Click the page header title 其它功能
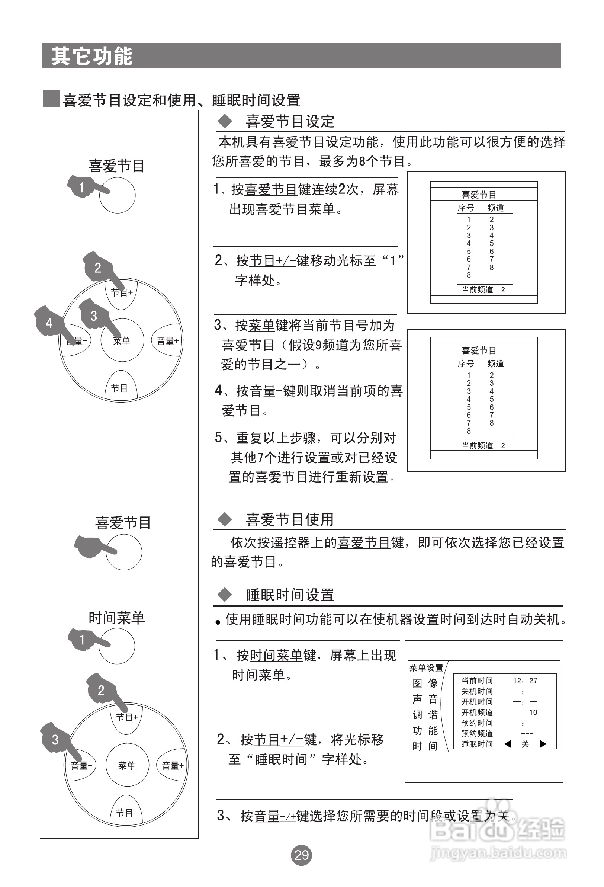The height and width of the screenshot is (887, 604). coord(92,56)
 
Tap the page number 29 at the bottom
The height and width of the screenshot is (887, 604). coord(301,855)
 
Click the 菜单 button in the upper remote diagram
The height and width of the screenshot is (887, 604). coord(122,340)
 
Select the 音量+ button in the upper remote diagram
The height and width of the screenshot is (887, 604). coord(167,340)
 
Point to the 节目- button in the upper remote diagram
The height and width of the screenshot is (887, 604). coord(122,388)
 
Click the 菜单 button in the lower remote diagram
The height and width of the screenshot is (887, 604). coord(127,765)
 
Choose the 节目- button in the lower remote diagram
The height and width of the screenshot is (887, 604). coord(127,813)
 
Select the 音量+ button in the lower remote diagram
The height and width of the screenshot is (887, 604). coord(173,765)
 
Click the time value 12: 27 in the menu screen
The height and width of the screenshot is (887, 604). coord(525,681)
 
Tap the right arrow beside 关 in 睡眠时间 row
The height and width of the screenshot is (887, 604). coord(543,744)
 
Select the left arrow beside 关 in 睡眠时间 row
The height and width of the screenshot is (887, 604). coord(507,744)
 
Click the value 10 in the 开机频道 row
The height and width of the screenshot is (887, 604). coord(533,712)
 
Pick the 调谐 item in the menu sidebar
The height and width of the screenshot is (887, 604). coord(425,715)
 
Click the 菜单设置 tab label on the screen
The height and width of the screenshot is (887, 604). coord(426,667)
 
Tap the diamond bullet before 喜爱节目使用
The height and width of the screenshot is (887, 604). coord(225,519)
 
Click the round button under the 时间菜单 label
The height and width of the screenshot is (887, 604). coord(117,646)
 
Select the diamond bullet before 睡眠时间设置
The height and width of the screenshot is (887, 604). coord(225,595)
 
